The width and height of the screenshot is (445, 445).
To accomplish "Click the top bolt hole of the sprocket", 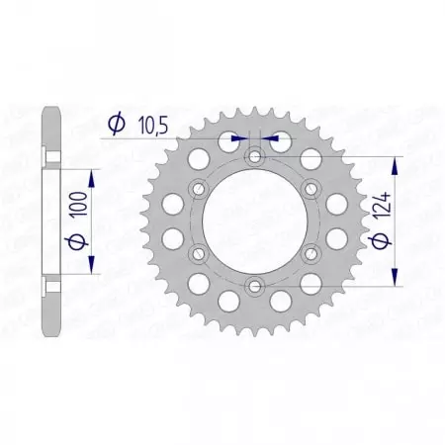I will click(256, 156).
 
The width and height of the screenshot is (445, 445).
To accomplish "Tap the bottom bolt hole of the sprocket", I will click(256, 287).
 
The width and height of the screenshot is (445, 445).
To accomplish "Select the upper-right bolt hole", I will click(312, 189).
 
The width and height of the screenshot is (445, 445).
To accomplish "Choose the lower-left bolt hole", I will click(200, 254).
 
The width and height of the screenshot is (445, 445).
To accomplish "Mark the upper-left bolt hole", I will click(200, 189).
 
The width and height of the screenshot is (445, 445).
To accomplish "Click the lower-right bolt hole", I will click(312, 254).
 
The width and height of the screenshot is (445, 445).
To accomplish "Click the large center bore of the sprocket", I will click(256, 222).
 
